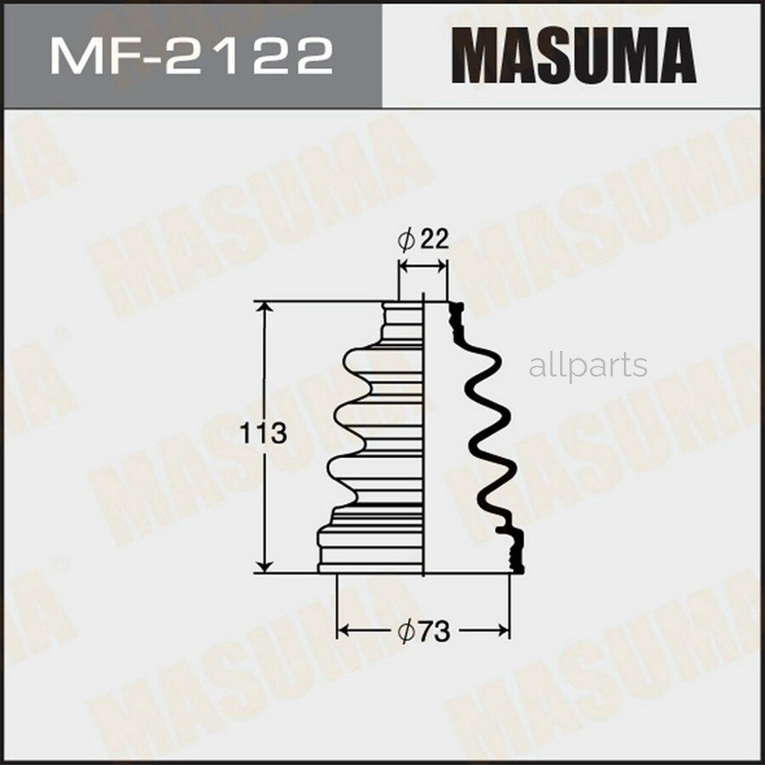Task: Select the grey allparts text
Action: pyautogui.click(x=587, y=366)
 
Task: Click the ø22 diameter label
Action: pyautogui.click(x=422, y=240)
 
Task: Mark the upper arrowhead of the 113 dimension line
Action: pyautogui.click(x=267, y=309)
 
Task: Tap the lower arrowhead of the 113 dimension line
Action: pyautogui.click(x=267, y=564)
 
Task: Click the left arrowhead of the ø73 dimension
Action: pyautogui.click(x=344, y=631)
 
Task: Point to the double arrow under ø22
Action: pyautogui.click(x=422, y=266)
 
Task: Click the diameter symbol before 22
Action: pyautogui.click(x=405, y=241)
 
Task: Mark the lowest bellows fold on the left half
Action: pyautogui.click(x=344, y=473)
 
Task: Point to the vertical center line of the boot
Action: pyautogui.click(x=423, y=433)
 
